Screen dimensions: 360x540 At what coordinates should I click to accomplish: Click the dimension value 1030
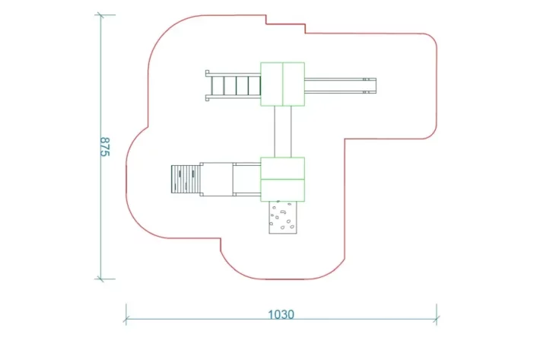coord(281,314)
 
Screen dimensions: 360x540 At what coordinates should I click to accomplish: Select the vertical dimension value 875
coord(106,146)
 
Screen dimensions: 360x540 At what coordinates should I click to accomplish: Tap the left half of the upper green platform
coord(272,84)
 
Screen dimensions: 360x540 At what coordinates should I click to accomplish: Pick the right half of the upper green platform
coord(294,84)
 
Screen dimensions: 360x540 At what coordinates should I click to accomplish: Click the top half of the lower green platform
coord(282,167)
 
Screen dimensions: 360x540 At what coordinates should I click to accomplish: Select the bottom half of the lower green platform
coord(282,190)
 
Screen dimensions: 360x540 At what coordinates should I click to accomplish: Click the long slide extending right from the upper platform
coord(339,84)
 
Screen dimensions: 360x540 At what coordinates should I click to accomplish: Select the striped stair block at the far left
coord(185,180)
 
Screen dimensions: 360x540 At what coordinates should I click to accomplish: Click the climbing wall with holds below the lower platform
coord(282,218)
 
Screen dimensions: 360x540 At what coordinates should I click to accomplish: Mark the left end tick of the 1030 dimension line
coord(126,313)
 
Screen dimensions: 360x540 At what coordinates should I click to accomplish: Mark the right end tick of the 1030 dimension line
coord(437,313)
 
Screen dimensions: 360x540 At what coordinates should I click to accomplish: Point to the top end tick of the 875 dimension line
coord(101,15)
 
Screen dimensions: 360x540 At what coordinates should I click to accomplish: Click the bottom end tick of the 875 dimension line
coord(101,279)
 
